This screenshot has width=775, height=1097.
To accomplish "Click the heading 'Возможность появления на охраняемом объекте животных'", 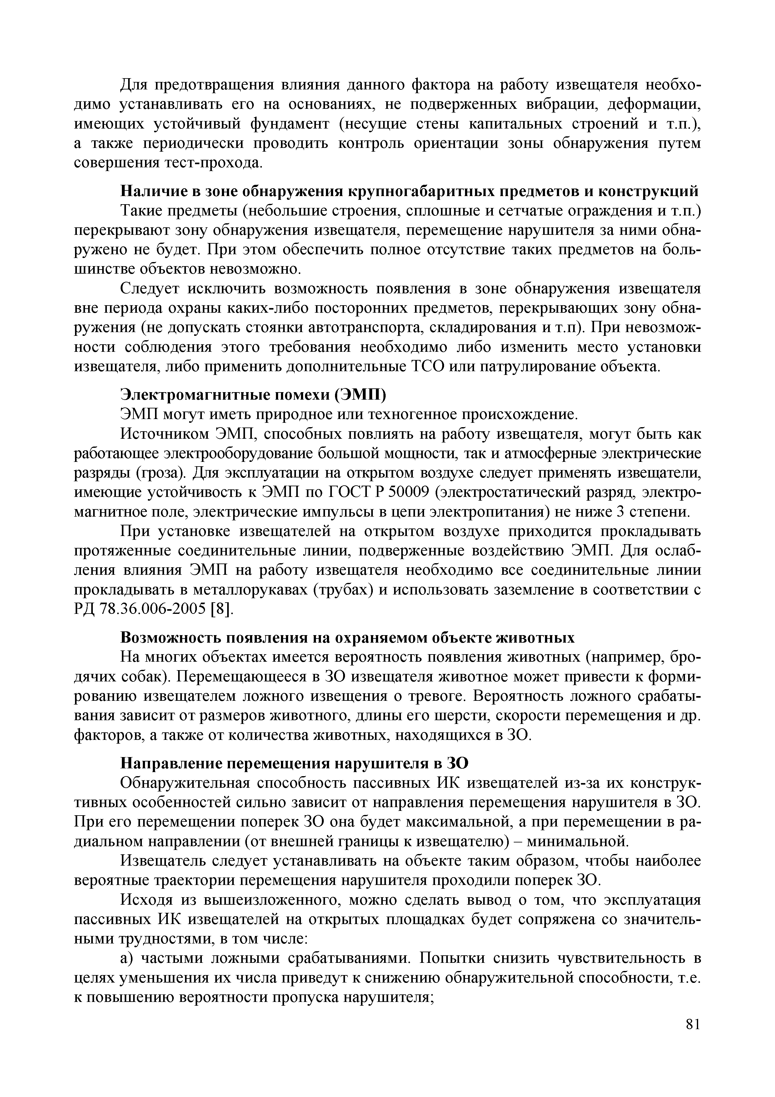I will tap(347, 638).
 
